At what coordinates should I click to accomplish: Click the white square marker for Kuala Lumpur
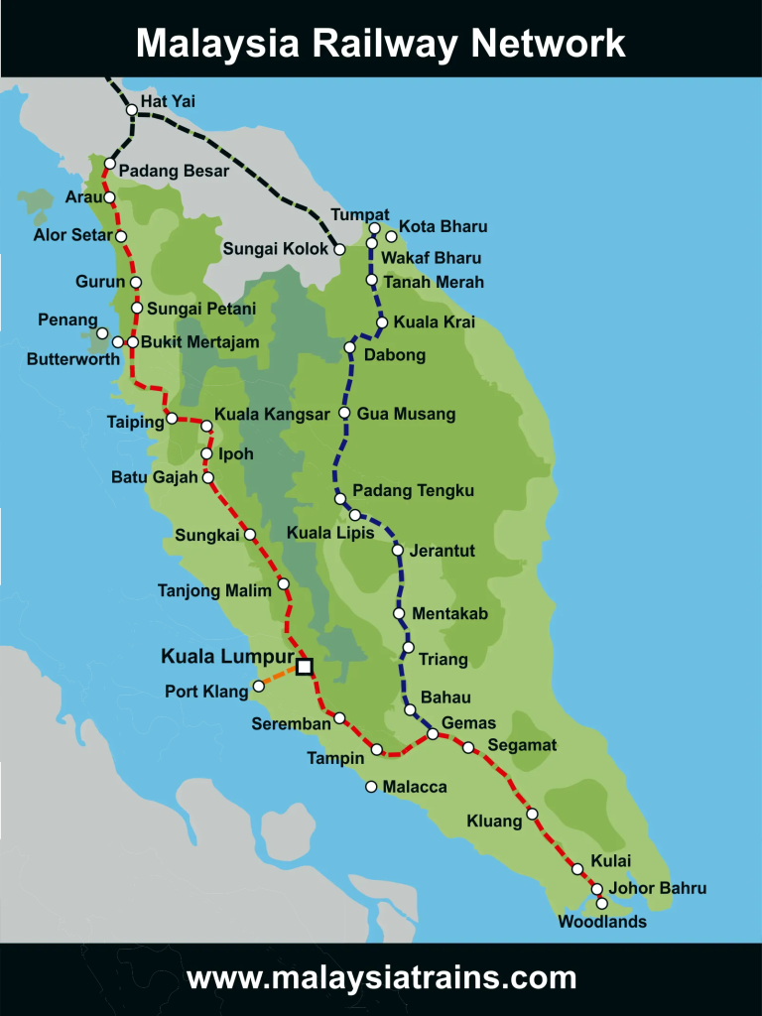point(304,667)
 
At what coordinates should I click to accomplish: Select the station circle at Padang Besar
point(110,164)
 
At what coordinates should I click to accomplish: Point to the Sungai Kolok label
point(275,249)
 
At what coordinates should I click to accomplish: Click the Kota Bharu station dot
point(391,236)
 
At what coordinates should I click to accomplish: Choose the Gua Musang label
point(406,414)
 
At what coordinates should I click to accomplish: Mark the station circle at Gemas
point(433,734)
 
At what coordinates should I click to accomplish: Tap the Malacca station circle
point(371,787)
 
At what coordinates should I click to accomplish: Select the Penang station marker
point(102,332)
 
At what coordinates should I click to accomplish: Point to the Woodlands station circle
point(601,903)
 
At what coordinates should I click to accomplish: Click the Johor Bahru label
point(658,888)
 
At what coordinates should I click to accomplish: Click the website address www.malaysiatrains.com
point(381,978)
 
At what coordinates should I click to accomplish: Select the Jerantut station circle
point(397,550)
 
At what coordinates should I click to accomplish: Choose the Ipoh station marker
point(206,454)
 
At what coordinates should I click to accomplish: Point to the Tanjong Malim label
point(214,591)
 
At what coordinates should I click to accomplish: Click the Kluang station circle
point(532,814)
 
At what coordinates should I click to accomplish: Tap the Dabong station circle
point(349,347)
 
